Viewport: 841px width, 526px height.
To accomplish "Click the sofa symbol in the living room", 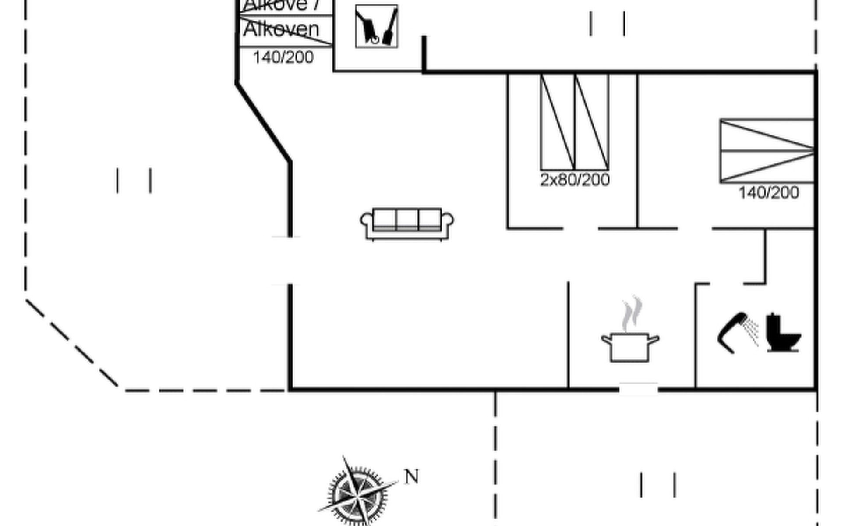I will pyautogui.click(x=407, y=224).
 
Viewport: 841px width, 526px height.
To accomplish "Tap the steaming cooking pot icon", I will pyautogui.click(x=630, y=346).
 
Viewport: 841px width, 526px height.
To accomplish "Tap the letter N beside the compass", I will pyautogui.click(x=411, y=476).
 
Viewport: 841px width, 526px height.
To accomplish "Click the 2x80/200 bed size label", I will pyautogui.click(x=575, y=180).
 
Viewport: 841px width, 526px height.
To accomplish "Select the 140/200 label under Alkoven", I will pyautogui.click(x=283, y=57).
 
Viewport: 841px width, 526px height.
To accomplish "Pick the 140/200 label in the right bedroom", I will pyautogui.click(x=769, y=193).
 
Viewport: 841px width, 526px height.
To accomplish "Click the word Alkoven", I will pyautogui.click(x=281, y=30).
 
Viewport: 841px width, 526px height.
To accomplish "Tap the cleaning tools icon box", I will pyautogui.click(x=377, y=26).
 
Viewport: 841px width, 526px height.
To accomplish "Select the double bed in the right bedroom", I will pyautogui.click(x=767, y=150).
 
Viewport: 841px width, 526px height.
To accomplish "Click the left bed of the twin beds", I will pyautogui.click(x=558, y=122).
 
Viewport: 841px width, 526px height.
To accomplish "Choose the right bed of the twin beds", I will pyautogui.click(x=592, y=122).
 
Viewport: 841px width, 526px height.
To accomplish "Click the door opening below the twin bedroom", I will pyautogui.click(x=581, y=228).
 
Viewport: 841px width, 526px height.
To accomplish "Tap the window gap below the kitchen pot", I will pyautogui.click(x=638, y=388).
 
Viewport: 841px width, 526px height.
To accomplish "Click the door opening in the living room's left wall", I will pyautogui.click(x=289, y=260).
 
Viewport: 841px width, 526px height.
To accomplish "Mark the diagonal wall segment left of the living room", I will pyautogui.click(x=263, y=122).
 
